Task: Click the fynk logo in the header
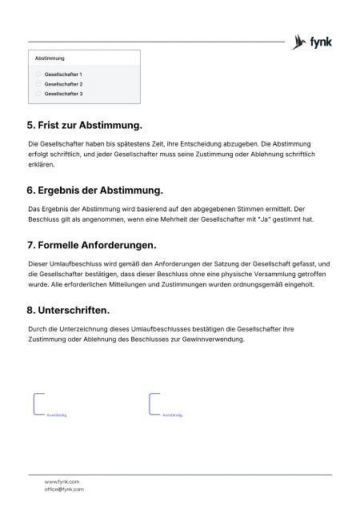(x=313, y=42)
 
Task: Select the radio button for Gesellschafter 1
(x=38, y=74)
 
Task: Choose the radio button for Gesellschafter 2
(x=38, y=84)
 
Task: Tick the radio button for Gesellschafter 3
(x=38, y=94)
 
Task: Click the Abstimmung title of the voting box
(x=50, y=58)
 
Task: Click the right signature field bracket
(x=153, y=404)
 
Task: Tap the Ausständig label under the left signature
(x=56, y=416)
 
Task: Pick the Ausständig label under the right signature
(x=173, y=416)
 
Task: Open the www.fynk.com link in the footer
(x=62, y=481)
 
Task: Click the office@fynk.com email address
(x=64, y=488)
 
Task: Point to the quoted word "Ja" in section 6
(x=262, y=219)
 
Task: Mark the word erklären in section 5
(x=40, y=165)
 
